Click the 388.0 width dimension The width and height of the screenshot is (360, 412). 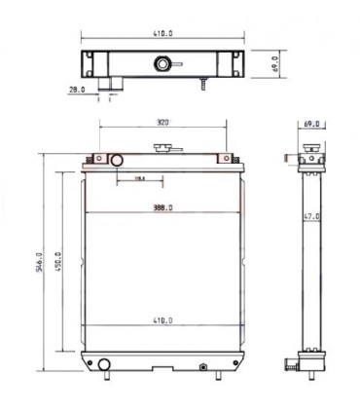click(x=162, y=207)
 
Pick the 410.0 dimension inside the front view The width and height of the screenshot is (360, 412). click(x=162, y=319)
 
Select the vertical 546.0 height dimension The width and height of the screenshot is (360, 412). click(x=40, y=263)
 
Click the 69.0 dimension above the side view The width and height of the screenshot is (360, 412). click(x=311, y=126)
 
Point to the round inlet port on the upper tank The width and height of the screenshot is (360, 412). click(x=117, y=160)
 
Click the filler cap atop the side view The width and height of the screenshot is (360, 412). click(x=313, y=148)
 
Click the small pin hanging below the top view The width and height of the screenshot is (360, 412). click(x=202, y=87)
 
